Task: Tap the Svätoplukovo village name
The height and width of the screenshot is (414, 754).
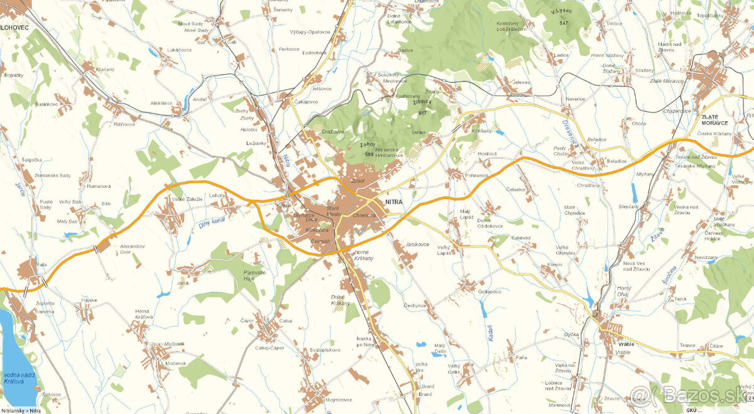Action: [325, 350]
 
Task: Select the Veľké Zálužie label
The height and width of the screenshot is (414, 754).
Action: [187, 199]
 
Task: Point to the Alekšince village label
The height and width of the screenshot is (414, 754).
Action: [161, 103]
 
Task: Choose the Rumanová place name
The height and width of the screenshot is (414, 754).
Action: [99, 186]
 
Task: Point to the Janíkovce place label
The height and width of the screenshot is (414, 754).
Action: [417, 244]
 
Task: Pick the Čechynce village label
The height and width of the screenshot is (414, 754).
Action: [415, 305]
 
